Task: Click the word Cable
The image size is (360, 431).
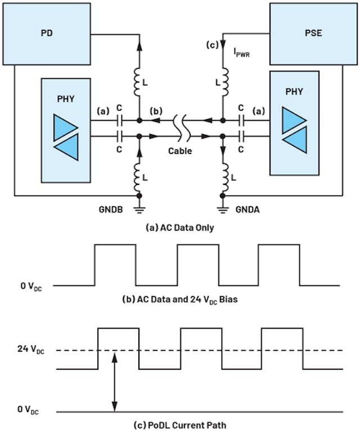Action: click(181, 151)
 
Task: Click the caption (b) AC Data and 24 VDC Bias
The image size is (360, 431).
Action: click(180, 299)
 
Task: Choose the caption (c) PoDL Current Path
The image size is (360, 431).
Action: click(180, 423)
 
